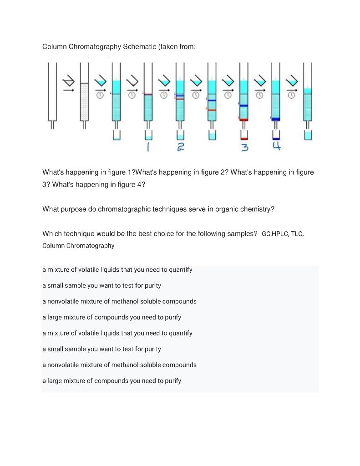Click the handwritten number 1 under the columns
click(x=147, y=147)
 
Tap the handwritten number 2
click(x=180, y=147)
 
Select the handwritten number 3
click(x=245, y=147)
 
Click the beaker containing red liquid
click(x=244, y=136)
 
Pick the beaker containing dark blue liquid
click(x=276, y=136)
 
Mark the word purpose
click(x=78, y=209)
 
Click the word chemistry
click(x=258, y=209)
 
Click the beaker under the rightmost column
click(x=308, y=136)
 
